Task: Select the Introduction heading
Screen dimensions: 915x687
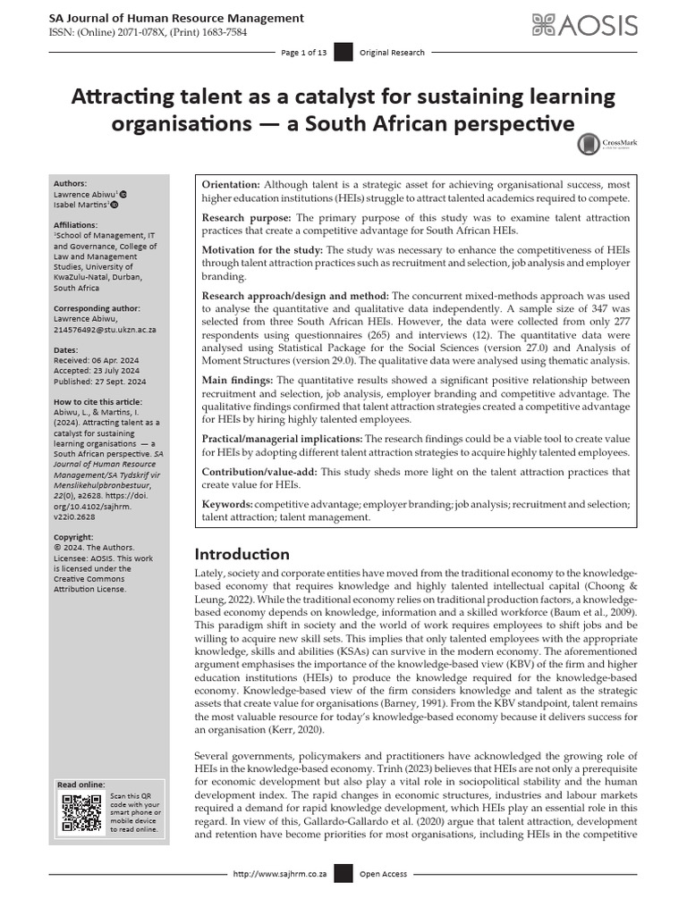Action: [x=242, y=554]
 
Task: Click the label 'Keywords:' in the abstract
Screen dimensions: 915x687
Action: [x=227, y=505]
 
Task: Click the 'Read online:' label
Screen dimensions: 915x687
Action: [x=81, y=784]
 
